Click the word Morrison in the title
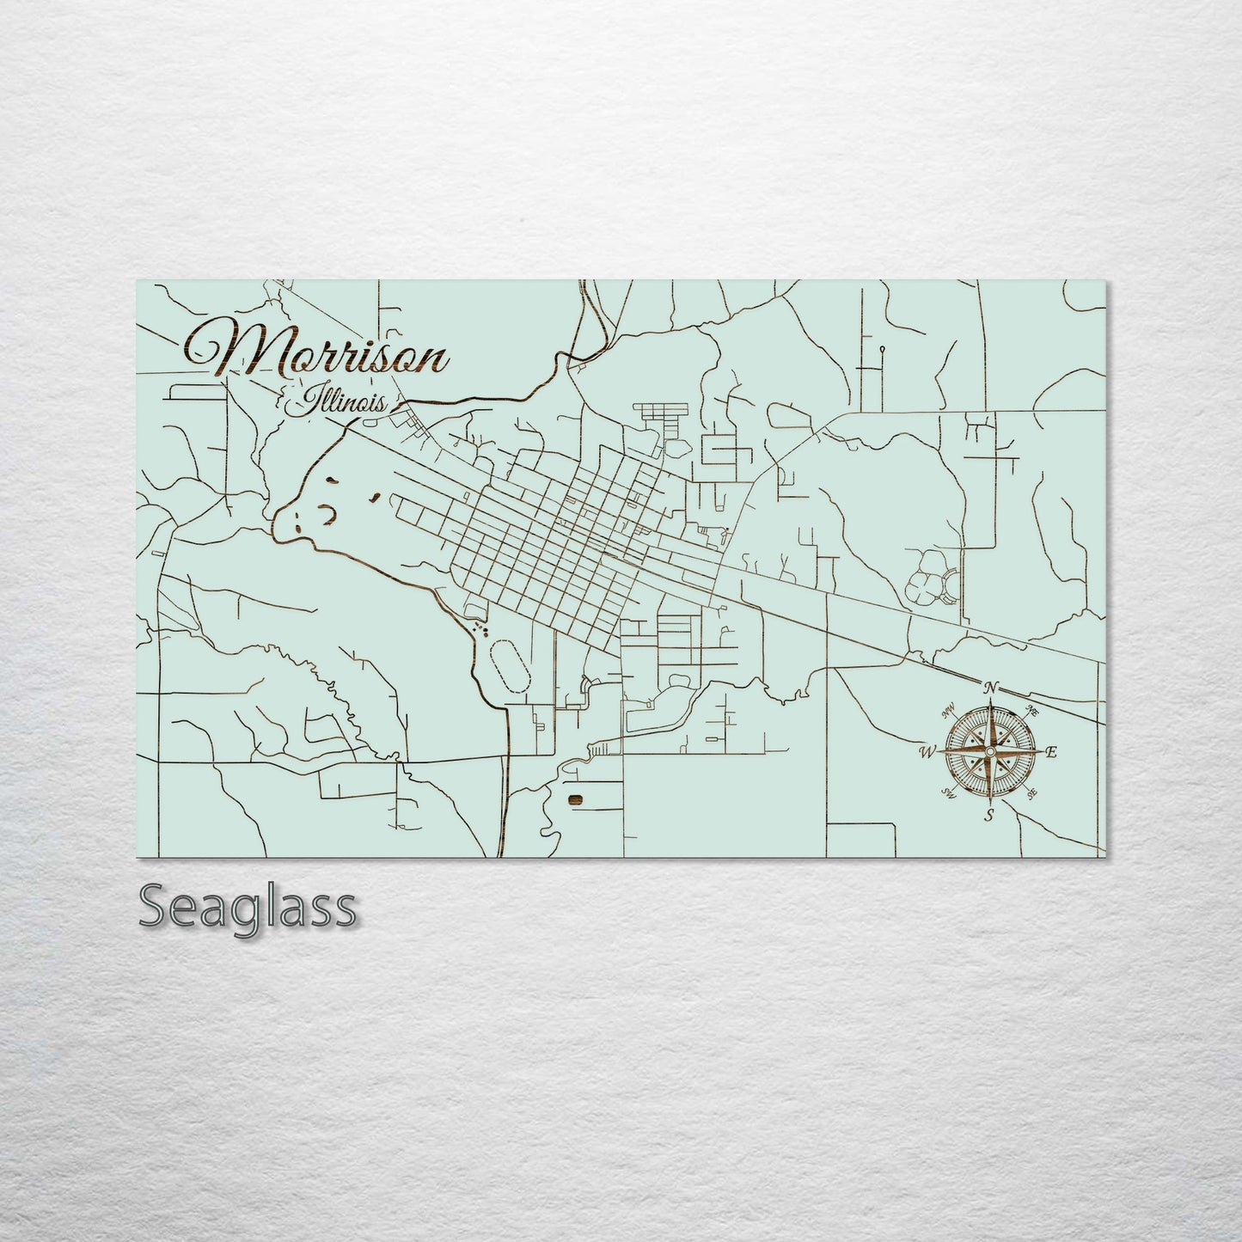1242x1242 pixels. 318,352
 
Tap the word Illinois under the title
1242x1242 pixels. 341,403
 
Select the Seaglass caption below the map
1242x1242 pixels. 248,907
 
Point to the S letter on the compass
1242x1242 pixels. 990,814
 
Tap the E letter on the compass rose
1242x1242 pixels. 1050,753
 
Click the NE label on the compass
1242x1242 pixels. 1032,711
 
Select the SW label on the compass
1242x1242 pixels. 950,792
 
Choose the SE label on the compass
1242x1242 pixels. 1031,793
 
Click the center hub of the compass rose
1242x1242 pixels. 990,752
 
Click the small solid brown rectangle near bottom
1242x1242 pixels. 575,800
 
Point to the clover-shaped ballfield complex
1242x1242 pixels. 929,579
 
